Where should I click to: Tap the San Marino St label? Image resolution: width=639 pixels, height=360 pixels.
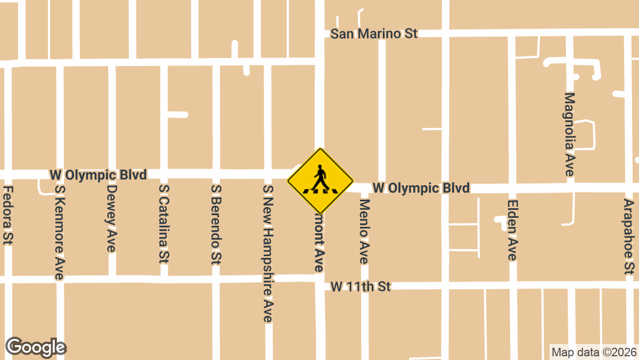point(374,34)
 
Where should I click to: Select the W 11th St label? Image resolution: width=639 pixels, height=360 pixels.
point(361,287)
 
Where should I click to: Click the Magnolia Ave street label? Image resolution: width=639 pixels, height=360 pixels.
point(569,134)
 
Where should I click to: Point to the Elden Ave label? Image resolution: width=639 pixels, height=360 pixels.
point(512,230)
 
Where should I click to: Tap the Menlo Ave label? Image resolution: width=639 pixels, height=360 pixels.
point(364,231)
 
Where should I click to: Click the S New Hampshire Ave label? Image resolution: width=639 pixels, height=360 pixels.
point(268,253)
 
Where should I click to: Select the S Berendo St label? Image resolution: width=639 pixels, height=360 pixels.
point(216,224)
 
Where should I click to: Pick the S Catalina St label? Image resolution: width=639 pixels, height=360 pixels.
point(164,224)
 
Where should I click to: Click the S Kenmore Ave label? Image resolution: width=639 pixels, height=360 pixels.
point(59,232)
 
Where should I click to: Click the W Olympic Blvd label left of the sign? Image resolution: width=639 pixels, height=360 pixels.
point(97,175)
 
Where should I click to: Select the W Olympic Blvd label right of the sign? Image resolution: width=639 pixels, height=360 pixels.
point(421,188)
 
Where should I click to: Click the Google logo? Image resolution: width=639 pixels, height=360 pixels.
point(36,347)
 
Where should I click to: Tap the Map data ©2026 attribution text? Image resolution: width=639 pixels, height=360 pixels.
point(593,352)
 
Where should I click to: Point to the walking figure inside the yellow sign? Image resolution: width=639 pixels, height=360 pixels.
point(320,178)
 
